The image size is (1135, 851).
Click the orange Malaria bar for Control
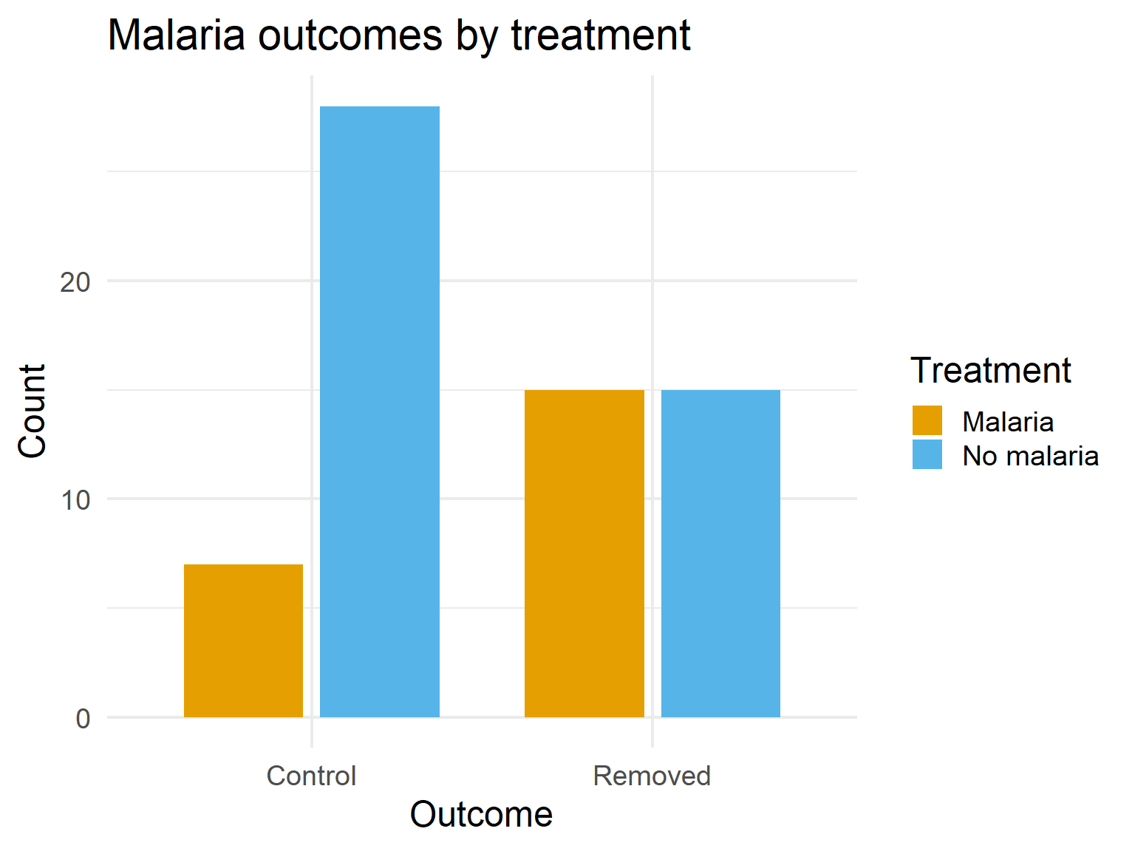tap(243, 640)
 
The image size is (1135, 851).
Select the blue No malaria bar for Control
tap(380, 411)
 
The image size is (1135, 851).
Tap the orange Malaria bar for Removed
tap(584, 553)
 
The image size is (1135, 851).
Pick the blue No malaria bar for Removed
tap(720, 553)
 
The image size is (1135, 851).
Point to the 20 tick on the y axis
tap(75, 281)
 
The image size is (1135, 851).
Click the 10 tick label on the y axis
tap(75, 500)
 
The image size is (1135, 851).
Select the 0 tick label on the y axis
tap(83, 718)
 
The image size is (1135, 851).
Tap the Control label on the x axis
tap(311, 776)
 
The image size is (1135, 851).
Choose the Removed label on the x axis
tap(652, 776)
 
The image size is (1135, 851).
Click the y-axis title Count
tap(33, 411)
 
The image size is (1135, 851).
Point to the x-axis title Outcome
tap(481, 815)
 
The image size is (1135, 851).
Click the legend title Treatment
tap(990, 370)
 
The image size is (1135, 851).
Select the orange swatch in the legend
tap(927, 420)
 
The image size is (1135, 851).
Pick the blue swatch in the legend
tap(927, 454)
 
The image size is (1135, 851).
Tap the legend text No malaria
tap(1030, 456)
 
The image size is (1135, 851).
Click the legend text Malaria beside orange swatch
tap(1008, 422)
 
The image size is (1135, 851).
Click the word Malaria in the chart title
tap(177, 35)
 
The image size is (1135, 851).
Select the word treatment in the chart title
tap(601, 35)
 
